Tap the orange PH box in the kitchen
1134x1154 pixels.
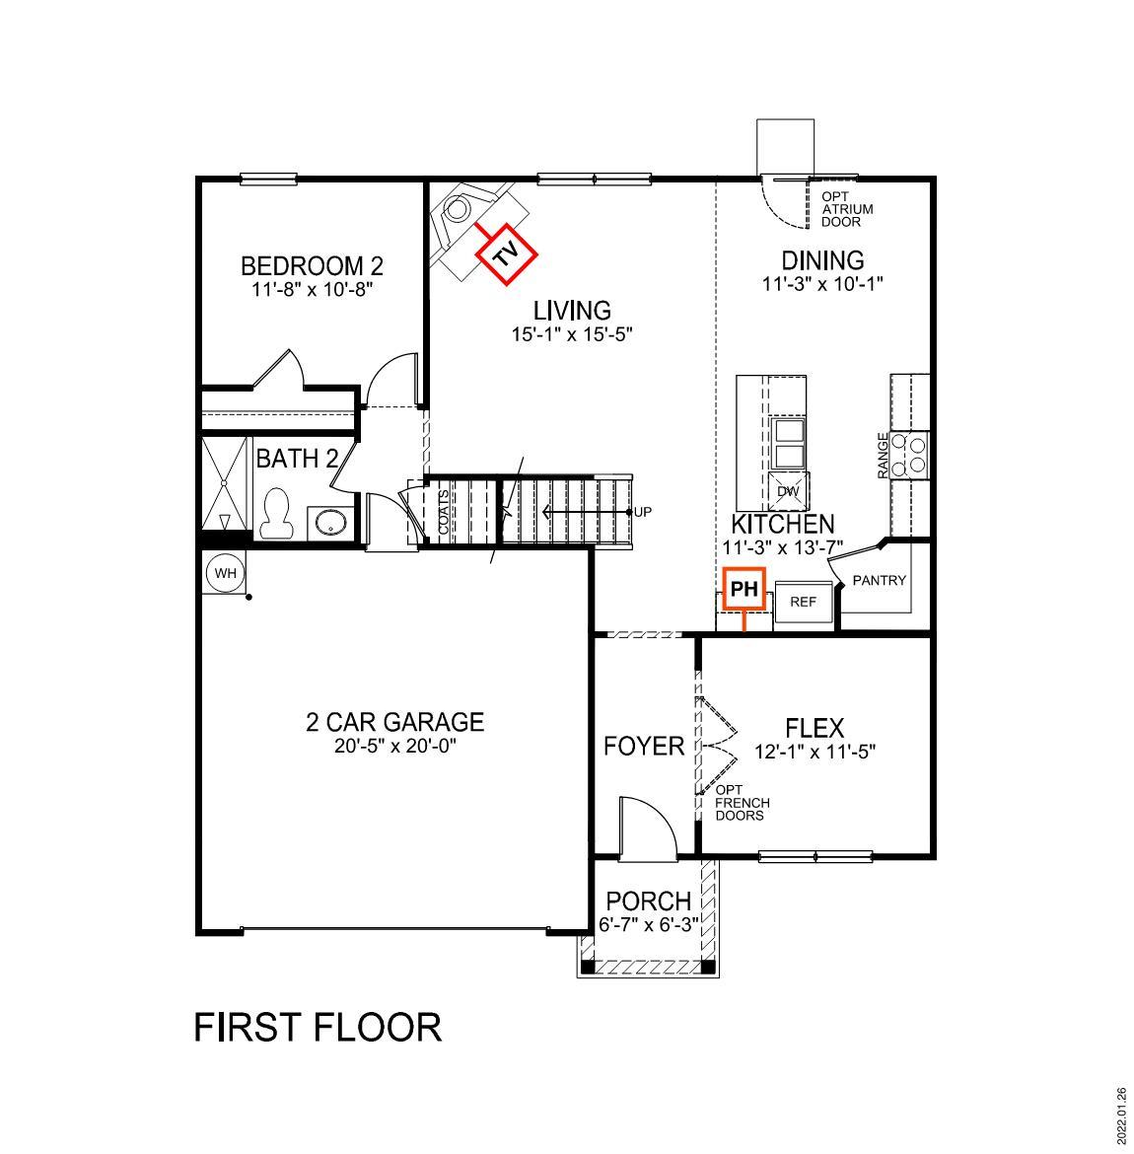(x=744, y=590)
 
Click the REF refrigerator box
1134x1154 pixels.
(x=804, y=601)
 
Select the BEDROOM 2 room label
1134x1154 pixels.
(x=312, y=265)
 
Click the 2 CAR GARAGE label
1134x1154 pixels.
(x=394, y=722)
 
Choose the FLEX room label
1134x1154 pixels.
(x=815, y=728)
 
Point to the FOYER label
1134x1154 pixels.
(x=643, y=746)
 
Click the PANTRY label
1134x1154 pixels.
(x=879, y=580)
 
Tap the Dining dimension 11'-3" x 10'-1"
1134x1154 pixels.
(x=822, y=284)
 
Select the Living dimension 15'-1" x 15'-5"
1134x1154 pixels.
(x=571, y=334)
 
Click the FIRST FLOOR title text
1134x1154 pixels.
(x=318, y=1027)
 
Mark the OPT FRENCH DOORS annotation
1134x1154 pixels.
(x=742, y=803)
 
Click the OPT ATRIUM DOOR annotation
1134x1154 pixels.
(x=846, y=209)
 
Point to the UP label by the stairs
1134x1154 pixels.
(x=643, y=512)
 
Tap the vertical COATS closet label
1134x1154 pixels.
(x=444, y=513)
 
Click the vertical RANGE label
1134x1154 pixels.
(x=883, y=456)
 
